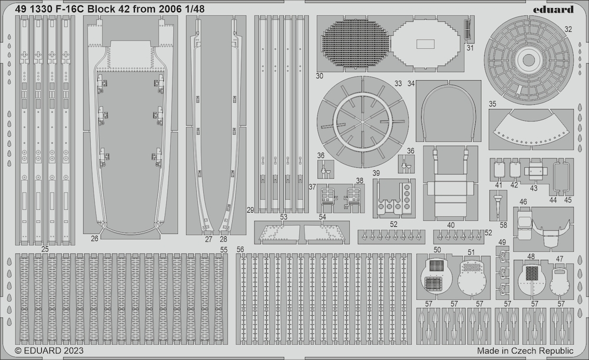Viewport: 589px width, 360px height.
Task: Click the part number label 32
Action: tap(568, 29)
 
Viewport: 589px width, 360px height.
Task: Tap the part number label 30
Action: tap(319, 76)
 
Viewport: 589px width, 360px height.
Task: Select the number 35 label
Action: tap(492, 104)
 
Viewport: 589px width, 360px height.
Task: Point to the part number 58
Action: tap(504, 225)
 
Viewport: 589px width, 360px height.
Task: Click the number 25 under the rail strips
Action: tap(45, 249)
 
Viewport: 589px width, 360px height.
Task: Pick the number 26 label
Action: tap(94, 238)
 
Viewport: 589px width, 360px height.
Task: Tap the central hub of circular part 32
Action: tap(529, 60)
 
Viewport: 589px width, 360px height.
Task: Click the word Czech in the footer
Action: tap(520, 351)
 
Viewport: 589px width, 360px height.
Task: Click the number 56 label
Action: tap(240, 249)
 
